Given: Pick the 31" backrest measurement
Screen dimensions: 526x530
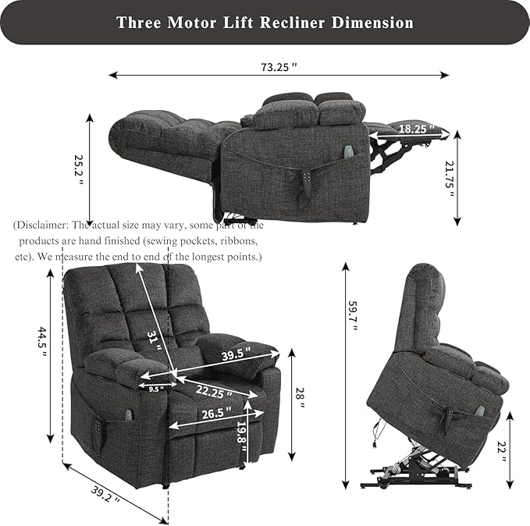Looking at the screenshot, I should pyautogui.click(x=155, y=340).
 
